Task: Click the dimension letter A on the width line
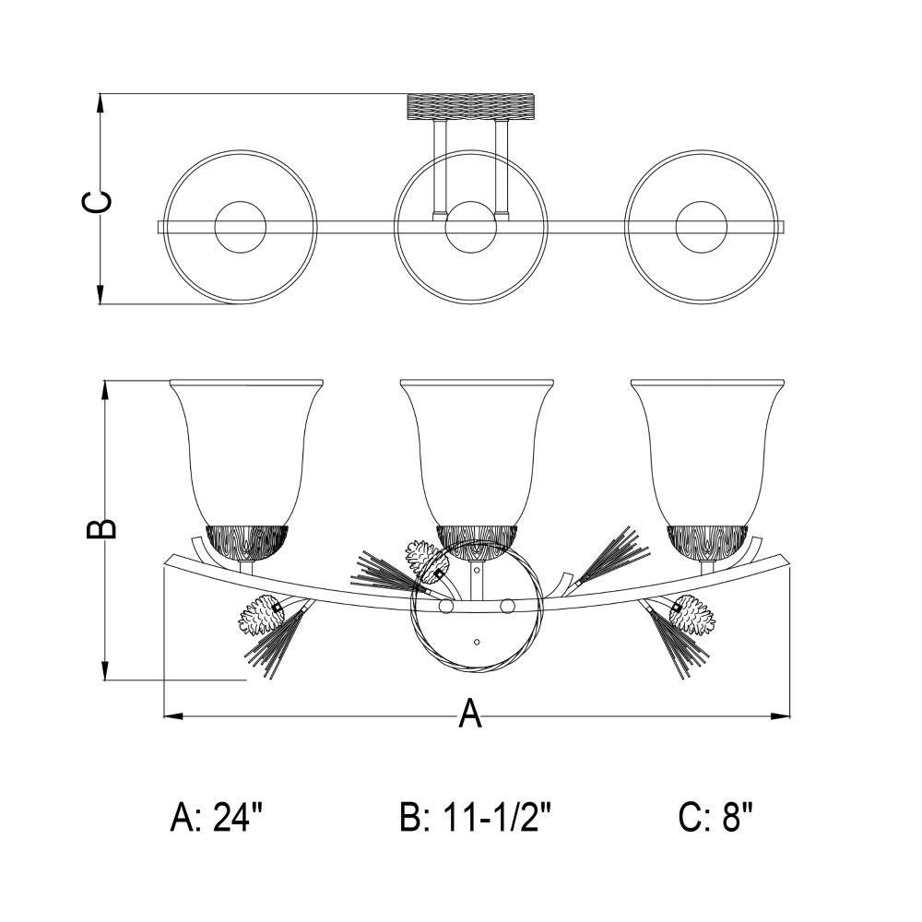[x=470, y=714]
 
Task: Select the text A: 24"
[x=216, y=817]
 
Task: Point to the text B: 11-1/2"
[x=475, y=817]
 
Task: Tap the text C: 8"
[x=715, y=817]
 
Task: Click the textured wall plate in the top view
[x=471, y=106]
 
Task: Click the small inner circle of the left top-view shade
[x=240, y=227]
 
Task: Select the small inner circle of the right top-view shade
[x=702, y=227]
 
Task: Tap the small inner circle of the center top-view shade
[x=471, y=227]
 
